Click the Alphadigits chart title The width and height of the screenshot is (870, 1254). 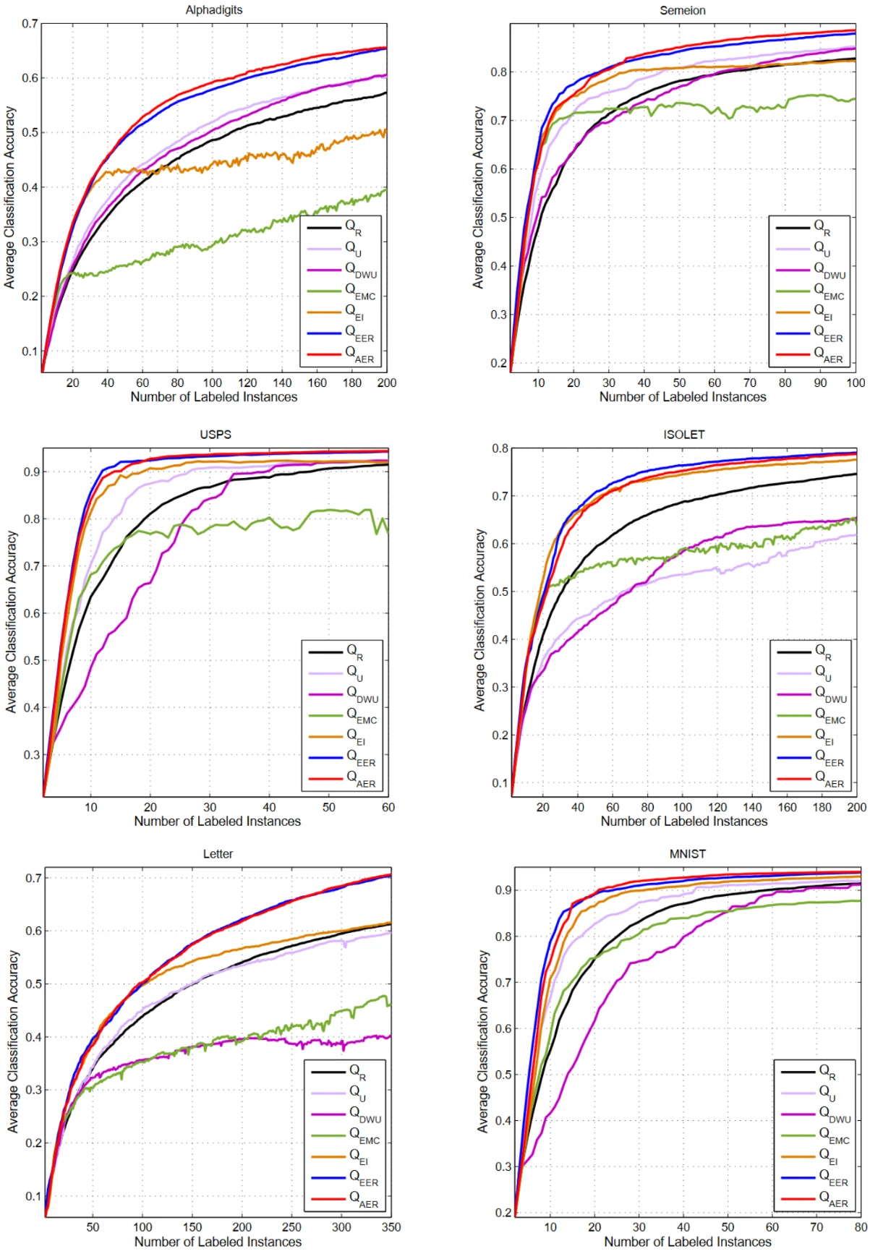click(214, 10)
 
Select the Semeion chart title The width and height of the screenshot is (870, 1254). click(682, 10)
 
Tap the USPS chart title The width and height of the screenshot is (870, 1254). click(216, 435)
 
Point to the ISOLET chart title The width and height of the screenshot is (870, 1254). click(683, 435)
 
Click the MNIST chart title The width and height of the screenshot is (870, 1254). click(687, 854)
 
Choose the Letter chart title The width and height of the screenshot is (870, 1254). click(218, 854)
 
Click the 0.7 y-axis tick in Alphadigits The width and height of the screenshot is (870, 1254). click(29, 24)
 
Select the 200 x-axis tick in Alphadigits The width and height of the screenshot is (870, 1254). click(386, 383)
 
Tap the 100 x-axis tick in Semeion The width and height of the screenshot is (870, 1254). click(856, 383)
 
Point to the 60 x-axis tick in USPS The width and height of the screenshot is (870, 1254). click(388, 808)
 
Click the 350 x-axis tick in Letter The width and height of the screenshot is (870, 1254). click(391, 1227)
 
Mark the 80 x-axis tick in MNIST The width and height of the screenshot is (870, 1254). click(860, 1227)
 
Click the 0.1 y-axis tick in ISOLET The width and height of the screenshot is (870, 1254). click(500, 783)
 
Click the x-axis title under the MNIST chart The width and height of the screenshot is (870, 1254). click(687, 1242)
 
